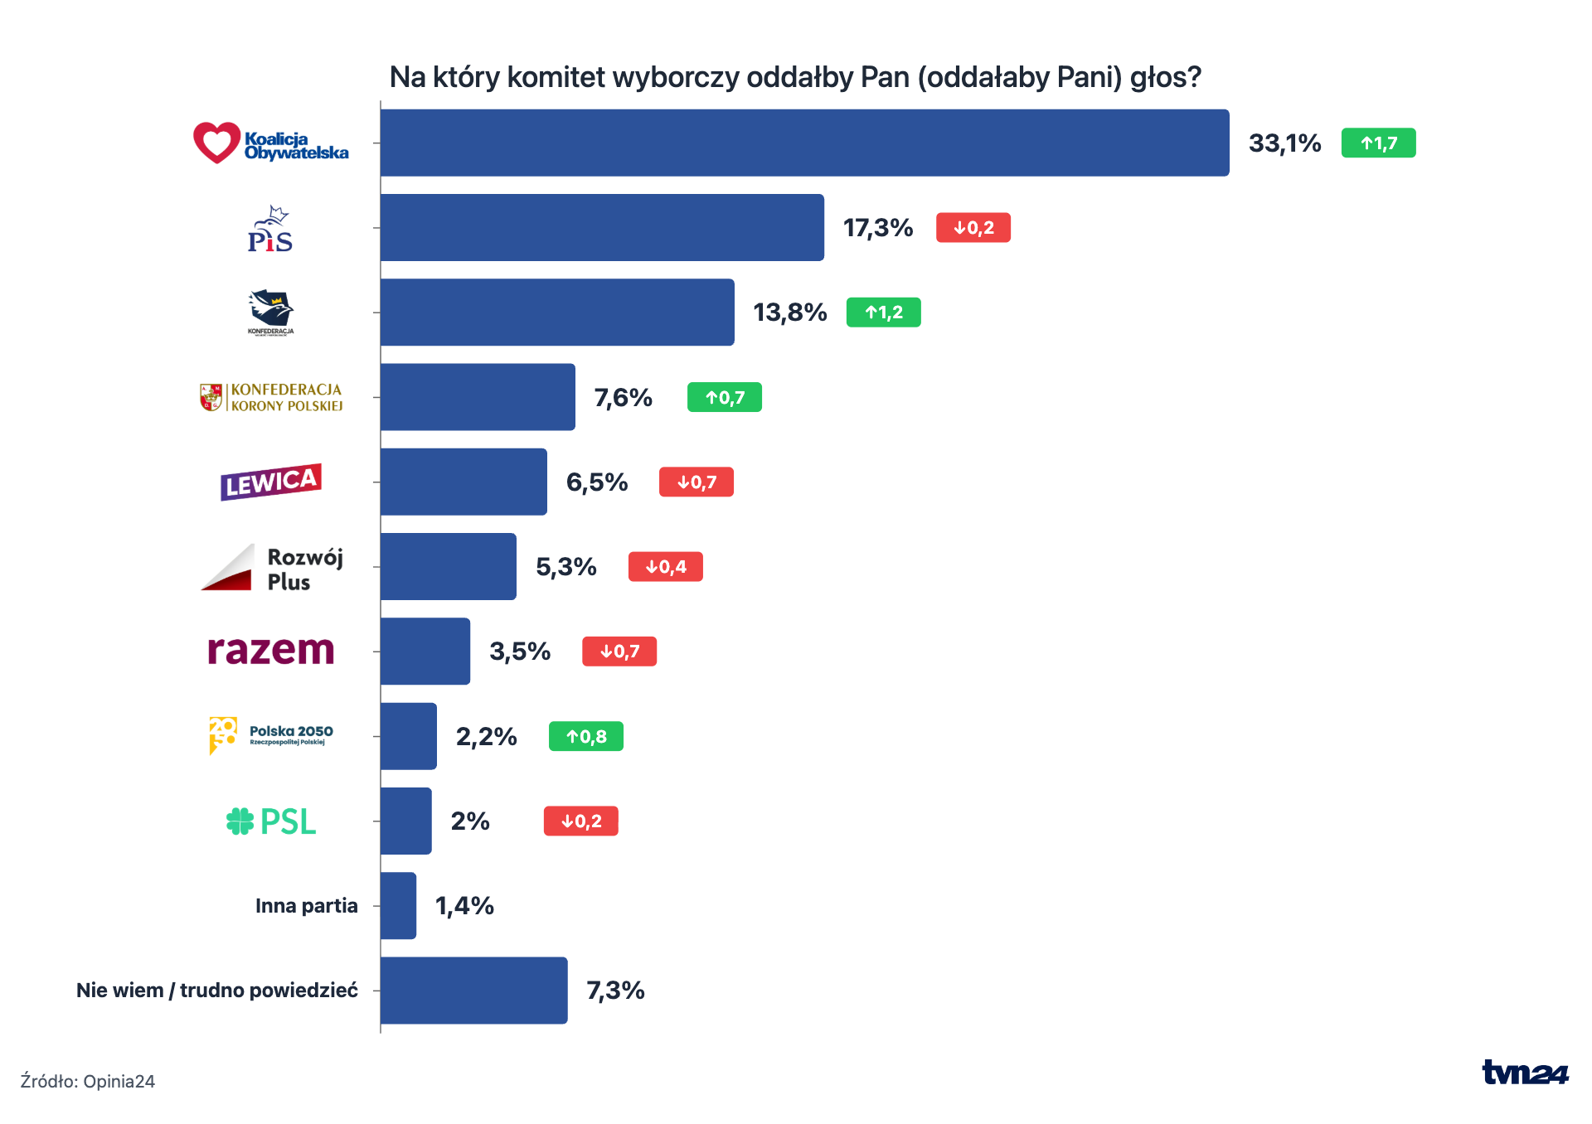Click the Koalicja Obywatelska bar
[804, 143]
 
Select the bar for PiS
[602, 227]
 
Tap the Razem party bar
[425, 652]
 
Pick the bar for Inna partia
[398, 905]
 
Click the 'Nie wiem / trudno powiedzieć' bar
[474, 991]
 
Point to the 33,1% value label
[1284, 143]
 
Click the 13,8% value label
[789, 312]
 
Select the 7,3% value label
[615, 991]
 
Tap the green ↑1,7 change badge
[1379, 143]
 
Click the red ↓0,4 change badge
[666, 567]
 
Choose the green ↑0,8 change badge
[586, 736]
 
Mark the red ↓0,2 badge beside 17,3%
[973, 228]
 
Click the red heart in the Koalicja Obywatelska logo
[216, 143]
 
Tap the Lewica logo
[271, 482]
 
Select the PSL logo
[271, 821]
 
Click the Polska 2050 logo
[271, 736]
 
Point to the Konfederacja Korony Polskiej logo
[271, 397]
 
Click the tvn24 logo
[1525, 1073]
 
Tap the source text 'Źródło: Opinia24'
[88, 1081]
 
